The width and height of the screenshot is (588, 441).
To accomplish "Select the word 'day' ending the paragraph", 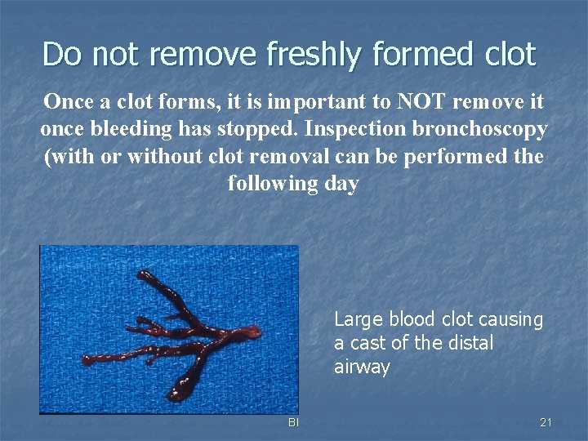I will [341, 184].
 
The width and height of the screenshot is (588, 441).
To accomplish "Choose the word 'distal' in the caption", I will [470, 343].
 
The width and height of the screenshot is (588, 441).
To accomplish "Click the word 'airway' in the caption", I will [362, 367].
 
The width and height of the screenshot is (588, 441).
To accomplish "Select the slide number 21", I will [546, 422].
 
